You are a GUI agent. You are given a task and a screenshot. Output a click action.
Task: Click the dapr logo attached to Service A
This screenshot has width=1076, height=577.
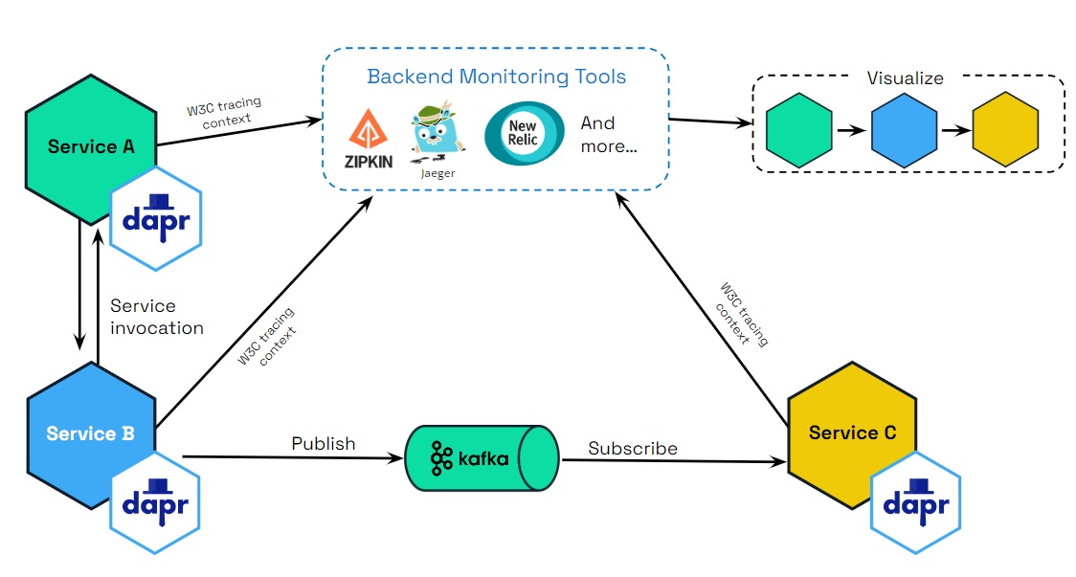[x=156, y=217]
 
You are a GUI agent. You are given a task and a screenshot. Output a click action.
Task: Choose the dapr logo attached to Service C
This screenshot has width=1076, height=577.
[x=915, y=501]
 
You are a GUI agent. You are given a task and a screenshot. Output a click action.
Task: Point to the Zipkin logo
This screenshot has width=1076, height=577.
[x=369, y=140]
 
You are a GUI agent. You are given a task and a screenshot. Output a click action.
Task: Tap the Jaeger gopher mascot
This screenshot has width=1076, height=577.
[x=436, y=134]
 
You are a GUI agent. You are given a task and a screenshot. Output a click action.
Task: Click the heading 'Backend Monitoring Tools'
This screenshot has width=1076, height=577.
[x=497, y=77]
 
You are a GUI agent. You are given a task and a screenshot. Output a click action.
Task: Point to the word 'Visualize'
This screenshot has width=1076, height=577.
[x=905, y=78]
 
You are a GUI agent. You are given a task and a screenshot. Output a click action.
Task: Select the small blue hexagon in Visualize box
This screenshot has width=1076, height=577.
[x=904, y=132]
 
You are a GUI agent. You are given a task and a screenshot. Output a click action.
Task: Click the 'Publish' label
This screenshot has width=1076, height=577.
[x=323, y=444]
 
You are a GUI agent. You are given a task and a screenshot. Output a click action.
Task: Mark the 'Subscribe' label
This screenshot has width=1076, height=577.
[x=633, y=448]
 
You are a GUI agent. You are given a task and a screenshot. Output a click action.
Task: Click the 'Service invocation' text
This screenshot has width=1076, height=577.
[x=156, y=317]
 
